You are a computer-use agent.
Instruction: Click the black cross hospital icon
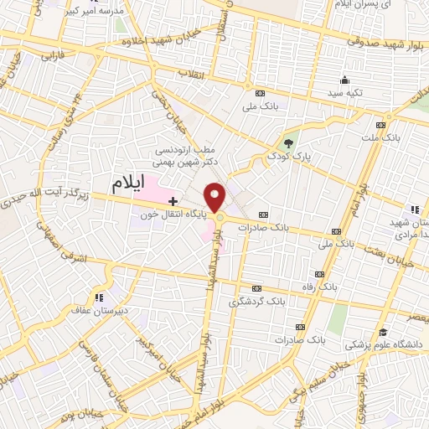point(173,201)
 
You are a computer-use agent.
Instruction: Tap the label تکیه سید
point(345,93)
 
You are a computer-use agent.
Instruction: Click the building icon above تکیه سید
point(344,80)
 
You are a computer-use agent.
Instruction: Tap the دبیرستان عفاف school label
point(99,309)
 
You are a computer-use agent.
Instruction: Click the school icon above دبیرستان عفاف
point(99,297)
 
